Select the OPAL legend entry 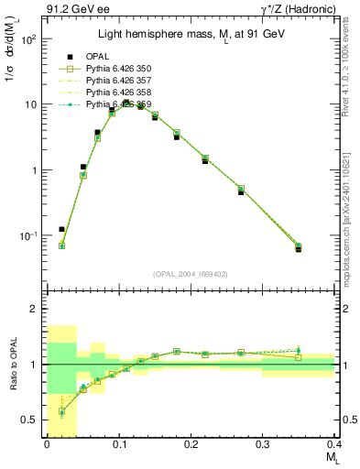click(x=97, y=57)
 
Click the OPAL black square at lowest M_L click(x=61, y=229)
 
